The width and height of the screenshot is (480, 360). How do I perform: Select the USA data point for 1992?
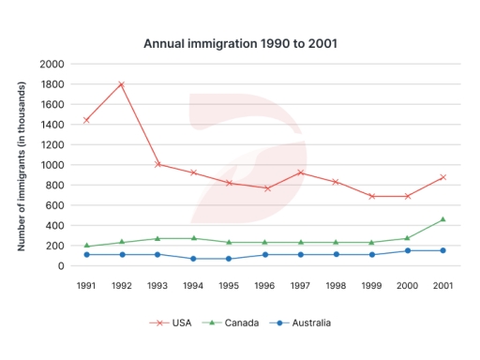(122, 84)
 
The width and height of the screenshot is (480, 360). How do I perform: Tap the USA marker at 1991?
(87, 120)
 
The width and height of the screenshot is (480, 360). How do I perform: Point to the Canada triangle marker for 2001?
(442, 219)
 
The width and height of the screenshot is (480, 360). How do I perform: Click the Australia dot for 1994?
(193, 259)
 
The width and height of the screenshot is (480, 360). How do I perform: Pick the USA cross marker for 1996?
(264, 188)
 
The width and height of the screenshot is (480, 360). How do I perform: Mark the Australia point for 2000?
(407, 250)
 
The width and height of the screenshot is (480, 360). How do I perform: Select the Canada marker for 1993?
(157, 238)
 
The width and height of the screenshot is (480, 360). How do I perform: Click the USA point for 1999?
(371, 196)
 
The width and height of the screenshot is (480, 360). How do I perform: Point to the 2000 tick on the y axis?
(53, 64)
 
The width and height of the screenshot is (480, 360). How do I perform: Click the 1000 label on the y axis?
(53, 165)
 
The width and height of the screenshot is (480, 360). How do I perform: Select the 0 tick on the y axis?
(61, 266)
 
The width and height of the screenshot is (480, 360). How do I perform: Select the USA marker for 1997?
(300, 172)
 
